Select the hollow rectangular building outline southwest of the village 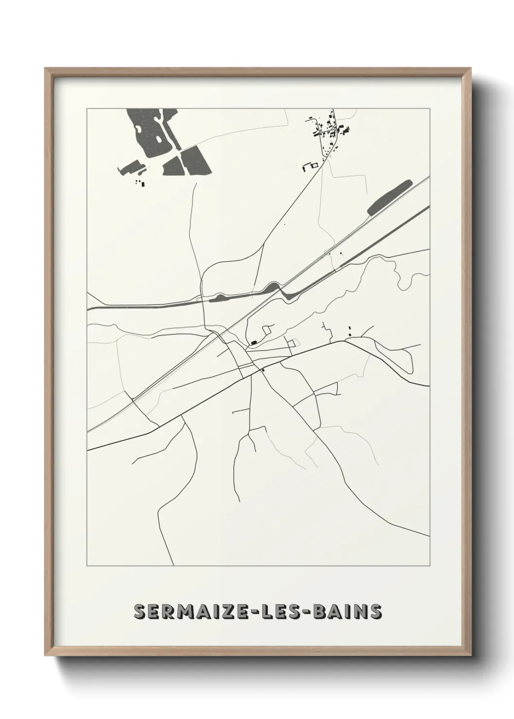click(310, 167)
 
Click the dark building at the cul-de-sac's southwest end click(253, 343)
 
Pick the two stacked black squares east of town click(350, 333)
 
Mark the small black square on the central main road click(263, 370)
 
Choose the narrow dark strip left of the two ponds click(131, 168)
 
